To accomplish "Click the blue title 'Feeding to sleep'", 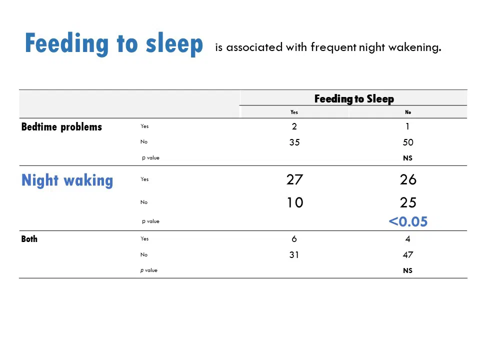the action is point(114,44).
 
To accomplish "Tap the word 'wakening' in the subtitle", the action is point(415,48).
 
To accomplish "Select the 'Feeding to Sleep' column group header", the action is point(354,99).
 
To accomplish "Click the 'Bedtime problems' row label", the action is point(61,126).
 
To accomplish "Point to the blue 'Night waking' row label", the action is point(67,180).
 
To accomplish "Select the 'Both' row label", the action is point(29,239).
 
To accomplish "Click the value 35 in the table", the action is point(294,142).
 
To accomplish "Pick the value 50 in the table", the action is point(408,142).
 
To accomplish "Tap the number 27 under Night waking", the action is point(295,179).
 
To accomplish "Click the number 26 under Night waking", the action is point(408,179).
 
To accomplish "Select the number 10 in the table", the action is point(295,202).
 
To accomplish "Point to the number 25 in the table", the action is point(408,202).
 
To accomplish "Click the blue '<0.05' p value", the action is point(408,221).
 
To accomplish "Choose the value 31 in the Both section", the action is point(294,254).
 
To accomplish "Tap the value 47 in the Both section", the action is point(408,254).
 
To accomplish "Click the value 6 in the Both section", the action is point(294,239).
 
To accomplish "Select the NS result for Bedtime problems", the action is point(408,158).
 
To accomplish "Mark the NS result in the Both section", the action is point(408,270).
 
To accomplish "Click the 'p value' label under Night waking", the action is point(150,221).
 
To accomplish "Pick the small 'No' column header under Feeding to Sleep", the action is point(408,112).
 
